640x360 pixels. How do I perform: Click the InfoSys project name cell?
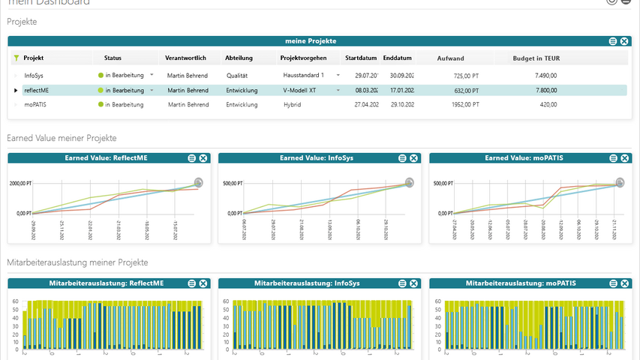pos(34,76)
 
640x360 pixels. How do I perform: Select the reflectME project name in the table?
pos(37,90)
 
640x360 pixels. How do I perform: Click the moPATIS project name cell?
pos(35,105)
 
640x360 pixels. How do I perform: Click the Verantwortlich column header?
pos(185,58)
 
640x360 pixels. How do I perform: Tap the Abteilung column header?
pos(239,58)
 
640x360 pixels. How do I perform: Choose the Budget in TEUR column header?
pos(536,58)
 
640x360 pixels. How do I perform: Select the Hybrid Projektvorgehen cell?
pos(292,105)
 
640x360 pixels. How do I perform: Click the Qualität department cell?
pos(237,76)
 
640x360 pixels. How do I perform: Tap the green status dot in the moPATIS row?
pos(101,105)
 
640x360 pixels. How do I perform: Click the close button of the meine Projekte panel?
pos(624,40)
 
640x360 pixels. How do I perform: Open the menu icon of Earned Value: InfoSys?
pos(402,158)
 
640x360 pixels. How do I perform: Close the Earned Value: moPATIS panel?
pos(624,158)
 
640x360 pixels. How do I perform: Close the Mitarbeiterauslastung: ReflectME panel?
pos(203,283)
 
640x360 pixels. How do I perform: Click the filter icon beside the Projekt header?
pos(17,58)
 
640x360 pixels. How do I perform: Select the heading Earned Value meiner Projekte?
pos(62,138)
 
